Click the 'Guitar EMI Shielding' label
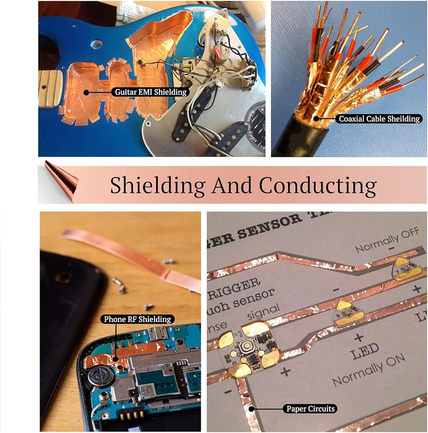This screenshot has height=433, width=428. click(x=151, y=92)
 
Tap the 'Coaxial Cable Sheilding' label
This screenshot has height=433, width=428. click(x=379, y=118)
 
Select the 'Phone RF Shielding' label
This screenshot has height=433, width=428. click(x=137, y=320)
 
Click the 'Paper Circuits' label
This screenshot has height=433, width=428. click(x=310, y=408)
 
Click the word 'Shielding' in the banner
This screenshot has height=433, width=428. click(x=158, y=185)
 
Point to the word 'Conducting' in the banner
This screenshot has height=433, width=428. click(x=318, y=185)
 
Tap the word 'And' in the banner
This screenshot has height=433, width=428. click(x=232, y=185)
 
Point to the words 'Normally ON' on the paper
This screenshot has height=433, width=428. click(x=369, y=369)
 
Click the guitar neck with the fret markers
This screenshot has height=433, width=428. click(x=50, y=89)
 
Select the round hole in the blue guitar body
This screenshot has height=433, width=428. click(x=97, y=44)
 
